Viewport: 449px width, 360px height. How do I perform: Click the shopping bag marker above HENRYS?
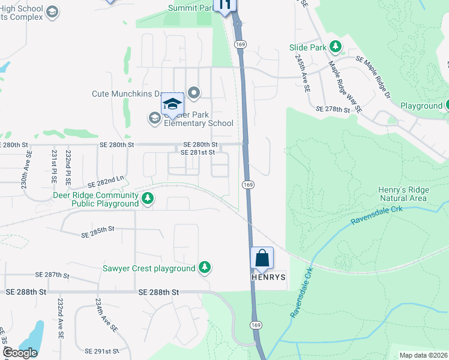point(262,259)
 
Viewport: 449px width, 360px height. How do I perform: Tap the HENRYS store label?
point(268,277)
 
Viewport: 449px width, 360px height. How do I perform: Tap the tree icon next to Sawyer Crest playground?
point(205,268)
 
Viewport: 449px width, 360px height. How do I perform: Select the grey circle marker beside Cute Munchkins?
point(194,93)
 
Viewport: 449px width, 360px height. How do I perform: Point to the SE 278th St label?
point(333,110)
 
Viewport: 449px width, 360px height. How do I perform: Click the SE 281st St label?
point(197,153)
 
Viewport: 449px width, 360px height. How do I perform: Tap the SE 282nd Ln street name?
point(105,182)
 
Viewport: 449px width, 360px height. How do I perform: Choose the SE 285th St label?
point(97,230)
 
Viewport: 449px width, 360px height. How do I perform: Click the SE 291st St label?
point(103,351)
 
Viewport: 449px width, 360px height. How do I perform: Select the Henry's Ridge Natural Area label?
point(403,194)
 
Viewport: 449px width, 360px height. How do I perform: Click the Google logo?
point(19,353)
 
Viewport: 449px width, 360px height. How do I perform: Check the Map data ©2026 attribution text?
point(423,355)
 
